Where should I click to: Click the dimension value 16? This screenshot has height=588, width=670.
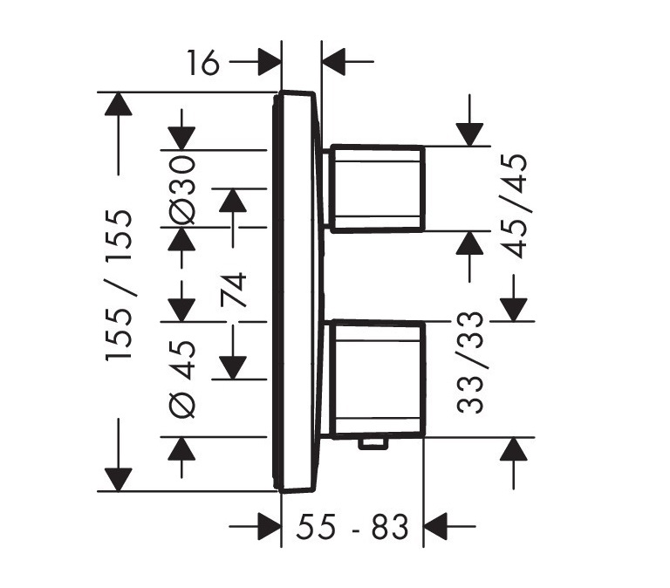(203, 63)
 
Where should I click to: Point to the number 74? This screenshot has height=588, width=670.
(233, 290)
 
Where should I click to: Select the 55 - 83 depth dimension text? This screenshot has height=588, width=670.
(352, 527)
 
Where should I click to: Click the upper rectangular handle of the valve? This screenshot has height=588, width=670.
(377, 188)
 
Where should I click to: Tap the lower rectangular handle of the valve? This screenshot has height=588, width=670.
(377, 377)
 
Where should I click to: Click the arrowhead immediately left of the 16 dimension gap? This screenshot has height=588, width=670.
(268, 62)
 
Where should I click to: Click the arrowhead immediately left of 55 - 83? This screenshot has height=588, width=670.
(267, 526)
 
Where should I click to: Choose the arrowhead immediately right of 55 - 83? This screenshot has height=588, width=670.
(435, 526)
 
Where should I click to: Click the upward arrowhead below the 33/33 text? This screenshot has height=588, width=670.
(515, 449)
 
